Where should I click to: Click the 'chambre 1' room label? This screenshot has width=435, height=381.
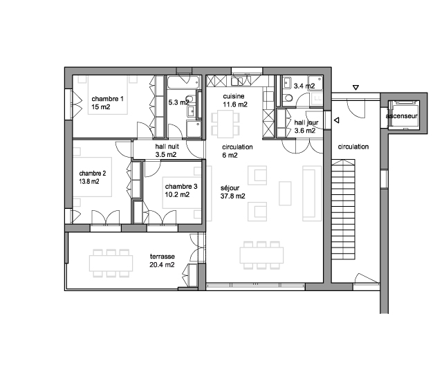(x=107, y=99)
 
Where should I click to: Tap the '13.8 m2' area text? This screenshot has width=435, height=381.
(x=89, y=182)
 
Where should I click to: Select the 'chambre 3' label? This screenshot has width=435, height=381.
(x=181, y=187)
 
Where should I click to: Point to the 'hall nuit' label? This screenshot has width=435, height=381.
(x=167, y=147)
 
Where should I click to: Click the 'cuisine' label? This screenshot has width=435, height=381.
(x=234, y=96)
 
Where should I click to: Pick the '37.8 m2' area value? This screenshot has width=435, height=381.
(x=233, y=196)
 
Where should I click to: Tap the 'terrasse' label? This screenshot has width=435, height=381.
(x=163, y=257)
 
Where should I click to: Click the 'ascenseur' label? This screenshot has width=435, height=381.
(x=401, y=116)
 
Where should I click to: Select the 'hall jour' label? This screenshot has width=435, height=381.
(x=306, y=122)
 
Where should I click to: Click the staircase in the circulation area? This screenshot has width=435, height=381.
(x=343, y=210)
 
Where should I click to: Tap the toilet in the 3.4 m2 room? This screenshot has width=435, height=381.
(x=288, y=98)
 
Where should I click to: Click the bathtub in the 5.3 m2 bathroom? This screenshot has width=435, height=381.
(x=184, y=82)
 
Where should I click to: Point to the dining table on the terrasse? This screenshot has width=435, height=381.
(x=111, y=263)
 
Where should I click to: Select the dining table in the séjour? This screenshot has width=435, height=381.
(x=261, y=255)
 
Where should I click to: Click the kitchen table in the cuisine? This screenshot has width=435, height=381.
(x=225, y=124)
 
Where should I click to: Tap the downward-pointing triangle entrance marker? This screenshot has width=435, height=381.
(x=355, y=88)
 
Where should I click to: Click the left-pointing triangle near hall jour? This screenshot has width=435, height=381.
(x=337, y=120)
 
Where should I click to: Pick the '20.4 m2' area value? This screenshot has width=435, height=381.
(x=162, y=265)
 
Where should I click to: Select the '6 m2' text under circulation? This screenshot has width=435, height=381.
(x=230, y=156)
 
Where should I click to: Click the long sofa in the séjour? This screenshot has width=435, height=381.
(x=312, y=194)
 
